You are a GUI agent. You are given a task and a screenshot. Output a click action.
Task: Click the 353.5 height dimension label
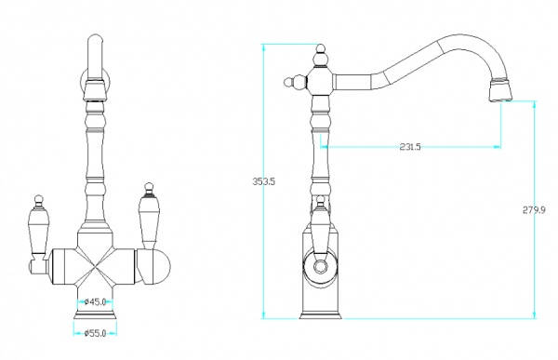tap(264, 181)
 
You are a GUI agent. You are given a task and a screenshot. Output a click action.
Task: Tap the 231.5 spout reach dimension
tap(410, 146)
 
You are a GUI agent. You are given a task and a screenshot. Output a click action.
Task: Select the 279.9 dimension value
tap(534, 210)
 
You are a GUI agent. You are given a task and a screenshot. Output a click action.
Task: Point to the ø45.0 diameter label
tap(96, 302)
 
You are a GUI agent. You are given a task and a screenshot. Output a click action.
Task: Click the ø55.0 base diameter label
tap(96, 333)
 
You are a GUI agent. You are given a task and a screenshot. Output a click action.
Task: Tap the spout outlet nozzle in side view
tap(501, 90)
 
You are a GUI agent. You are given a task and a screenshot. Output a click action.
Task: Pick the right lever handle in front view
tap(148, 216)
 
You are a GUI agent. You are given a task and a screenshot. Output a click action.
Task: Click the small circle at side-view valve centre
tap(321, 266)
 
